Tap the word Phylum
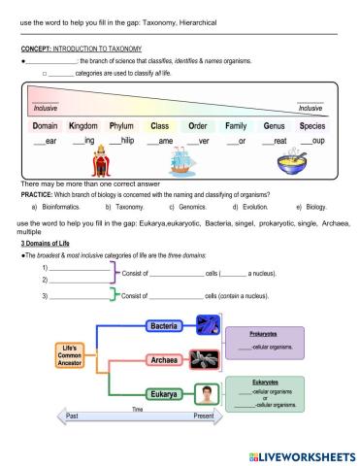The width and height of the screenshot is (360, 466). click(x=121, y=126)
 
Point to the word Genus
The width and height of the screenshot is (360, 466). click(x=274, y=126)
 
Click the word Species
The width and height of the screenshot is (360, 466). click(x=312, y=126)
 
